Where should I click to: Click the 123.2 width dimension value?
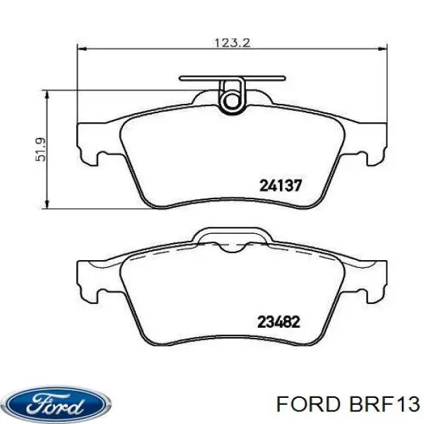pyautogui.click(x=232, y=42)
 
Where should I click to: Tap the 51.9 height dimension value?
pyautogui.click(x=40, y=149)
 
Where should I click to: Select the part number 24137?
pyautogui.click(x=281, y=186)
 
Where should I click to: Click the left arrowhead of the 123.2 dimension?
pyautogui.click(x=81, y=49)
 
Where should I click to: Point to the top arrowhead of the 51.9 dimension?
pyautogui.click(x=47, y=95)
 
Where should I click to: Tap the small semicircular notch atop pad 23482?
pyautogui.click(x=232, y=248)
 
